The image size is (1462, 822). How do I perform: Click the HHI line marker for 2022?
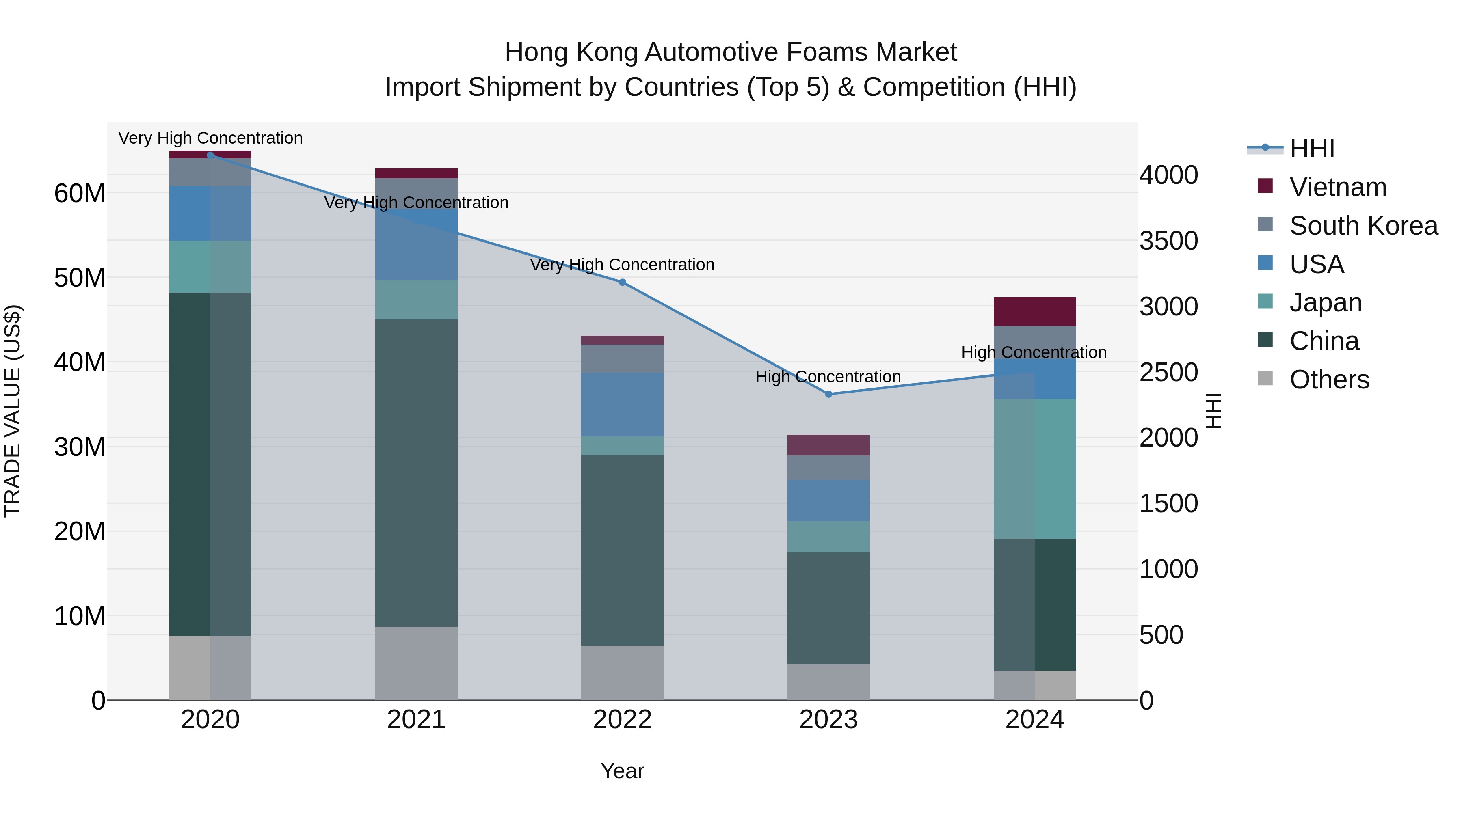[x=622, y=283]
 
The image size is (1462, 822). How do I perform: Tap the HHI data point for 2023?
[x=828, y=394]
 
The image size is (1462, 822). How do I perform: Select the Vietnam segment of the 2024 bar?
[x=1035, y=311]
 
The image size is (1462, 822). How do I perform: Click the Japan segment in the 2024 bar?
[x=1035, y=468]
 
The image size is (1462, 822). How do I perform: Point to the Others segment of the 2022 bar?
[x=622, y=673]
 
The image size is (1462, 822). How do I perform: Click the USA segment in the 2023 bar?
[x=828, y=501]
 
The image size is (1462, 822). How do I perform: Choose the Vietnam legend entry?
[x=1337, y=187]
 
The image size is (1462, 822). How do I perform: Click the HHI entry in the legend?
[x=1311, y=149]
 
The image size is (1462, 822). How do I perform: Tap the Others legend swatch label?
[x=1329, y=380]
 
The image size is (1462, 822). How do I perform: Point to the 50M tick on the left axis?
[x=80, y=278]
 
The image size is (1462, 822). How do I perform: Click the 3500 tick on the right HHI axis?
[x=1168, y=241]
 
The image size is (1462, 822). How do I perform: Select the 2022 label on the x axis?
[x=622, y=720]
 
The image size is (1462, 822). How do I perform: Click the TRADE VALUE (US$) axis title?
[x=13, y=411]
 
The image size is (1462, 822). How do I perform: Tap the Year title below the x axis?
[x=622, y=771]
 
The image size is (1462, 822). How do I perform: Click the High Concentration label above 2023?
[x=828, y=377]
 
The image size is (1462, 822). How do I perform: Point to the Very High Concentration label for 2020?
[x=210, y=138]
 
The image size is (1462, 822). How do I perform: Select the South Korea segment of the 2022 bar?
[x=622, y=358]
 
